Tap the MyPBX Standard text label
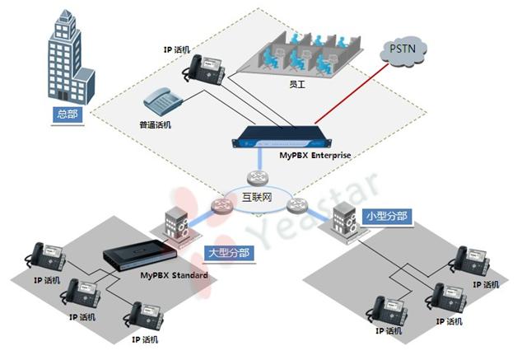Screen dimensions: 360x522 click(174, 273)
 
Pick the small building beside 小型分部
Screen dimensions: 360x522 click(342, 220)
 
